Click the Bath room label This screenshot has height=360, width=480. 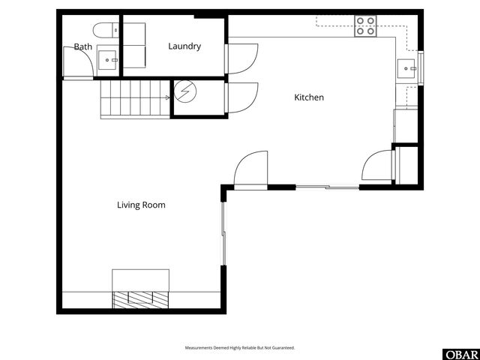tap(82, 47)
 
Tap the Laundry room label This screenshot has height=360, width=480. tap(184, 46)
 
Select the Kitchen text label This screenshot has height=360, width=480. tap(309, 97)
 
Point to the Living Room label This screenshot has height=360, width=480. tap(141, 205)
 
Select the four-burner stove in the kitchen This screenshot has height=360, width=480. tap(366, 25)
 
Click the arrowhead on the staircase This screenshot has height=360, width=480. tap(167, 97)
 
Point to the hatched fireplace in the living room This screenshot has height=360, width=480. tap(140, 298)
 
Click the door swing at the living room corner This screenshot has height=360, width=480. tap(250, 169)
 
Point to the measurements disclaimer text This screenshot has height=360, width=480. tap(240, 348)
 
